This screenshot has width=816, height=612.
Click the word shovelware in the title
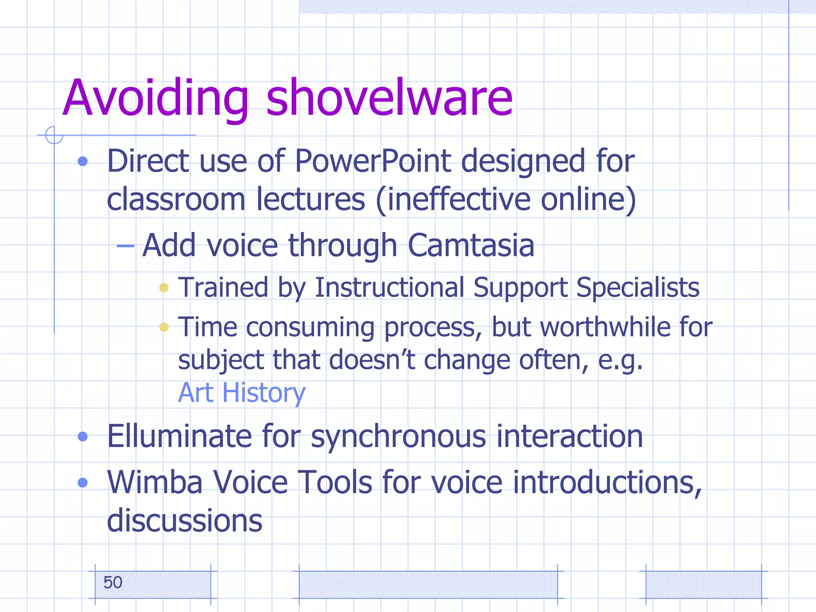tap(389, 98)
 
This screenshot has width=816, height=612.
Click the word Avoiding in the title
tap(155, 98)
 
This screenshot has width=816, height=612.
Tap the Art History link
tap(241, 393)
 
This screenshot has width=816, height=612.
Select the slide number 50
tap(113, 583)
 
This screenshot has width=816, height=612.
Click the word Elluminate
tap(179, 436)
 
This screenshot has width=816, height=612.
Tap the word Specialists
tap(637, 287)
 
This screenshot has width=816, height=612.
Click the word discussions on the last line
tap(184, 521)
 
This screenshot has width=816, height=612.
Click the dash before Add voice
tap(125, 246)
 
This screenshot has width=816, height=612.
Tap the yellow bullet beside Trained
tap(164, 288)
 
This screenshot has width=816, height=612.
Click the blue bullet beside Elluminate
tap(83, 437)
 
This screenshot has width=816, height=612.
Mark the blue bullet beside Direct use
tap(83, 161)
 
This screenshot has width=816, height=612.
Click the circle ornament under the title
tap(54, 135)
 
